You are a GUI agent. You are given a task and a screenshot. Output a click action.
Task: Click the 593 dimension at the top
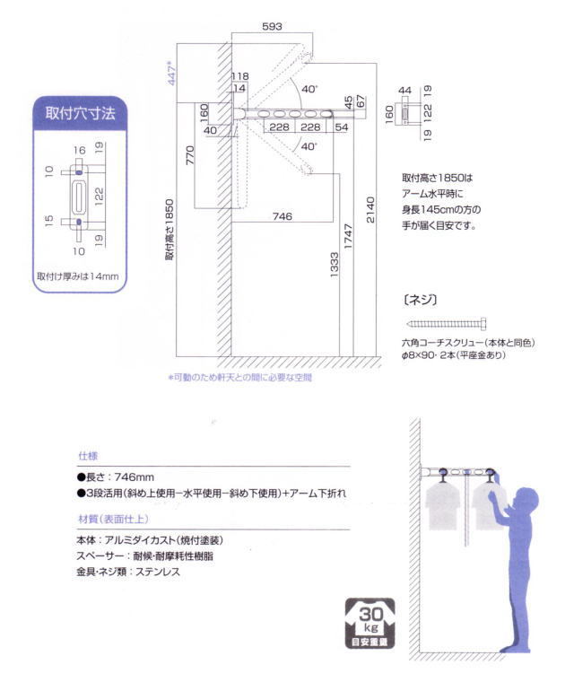click(x=271, y=28)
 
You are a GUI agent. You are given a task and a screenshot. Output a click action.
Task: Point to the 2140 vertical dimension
click(x=370, y=209)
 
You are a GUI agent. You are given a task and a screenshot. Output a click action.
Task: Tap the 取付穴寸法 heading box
click(x=80, y=114)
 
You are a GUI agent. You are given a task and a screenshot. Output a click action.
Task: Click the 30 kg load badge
click(x=368, y=622)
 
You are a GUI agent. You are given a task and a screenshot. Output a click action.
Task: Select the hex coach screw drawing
click(x=447, y=323)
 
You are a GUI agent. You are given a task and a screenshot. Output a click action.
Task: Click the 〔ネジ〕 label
click(x=421, y=299)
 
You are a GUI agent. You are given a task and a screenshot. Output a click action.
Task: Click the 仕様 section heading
click(x=87, y=456)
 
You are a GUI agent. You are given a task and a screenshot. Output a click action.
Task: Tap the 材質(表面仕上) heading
click(x=112, y=520)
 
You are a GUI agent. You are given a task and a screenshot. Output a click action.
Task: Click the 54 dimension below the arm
click(x=341, y=127)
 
